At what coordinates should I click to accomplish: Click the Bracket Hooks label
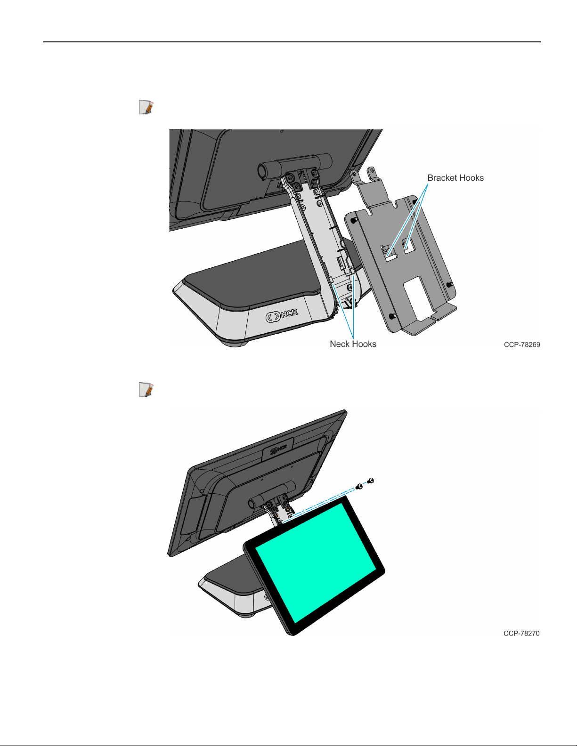(455, 178)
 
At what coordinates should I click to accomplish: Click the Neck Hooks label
(353, 344)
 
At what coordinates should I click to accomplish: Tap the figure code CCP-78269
(522, 345)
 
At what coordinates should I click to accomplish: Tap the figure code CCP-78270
(521, 634)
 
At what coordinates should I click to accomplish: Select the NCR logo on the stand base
(282, 315)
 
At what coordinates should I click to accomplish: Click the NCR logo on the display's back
(278, 449)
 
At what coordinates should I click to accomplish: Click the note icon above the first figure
(146, 107)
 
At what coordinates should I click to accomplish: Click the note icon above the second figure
(146, 389)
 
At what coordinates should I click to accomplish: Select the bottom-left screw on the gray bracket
(392, 316)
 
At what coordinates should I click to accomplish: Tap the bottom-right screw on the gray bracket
(449, 285)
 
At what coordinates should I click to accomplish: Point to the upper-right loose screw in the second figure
(370, 481)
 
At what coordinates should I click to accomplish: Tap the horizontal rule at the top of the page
(292, 42)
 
